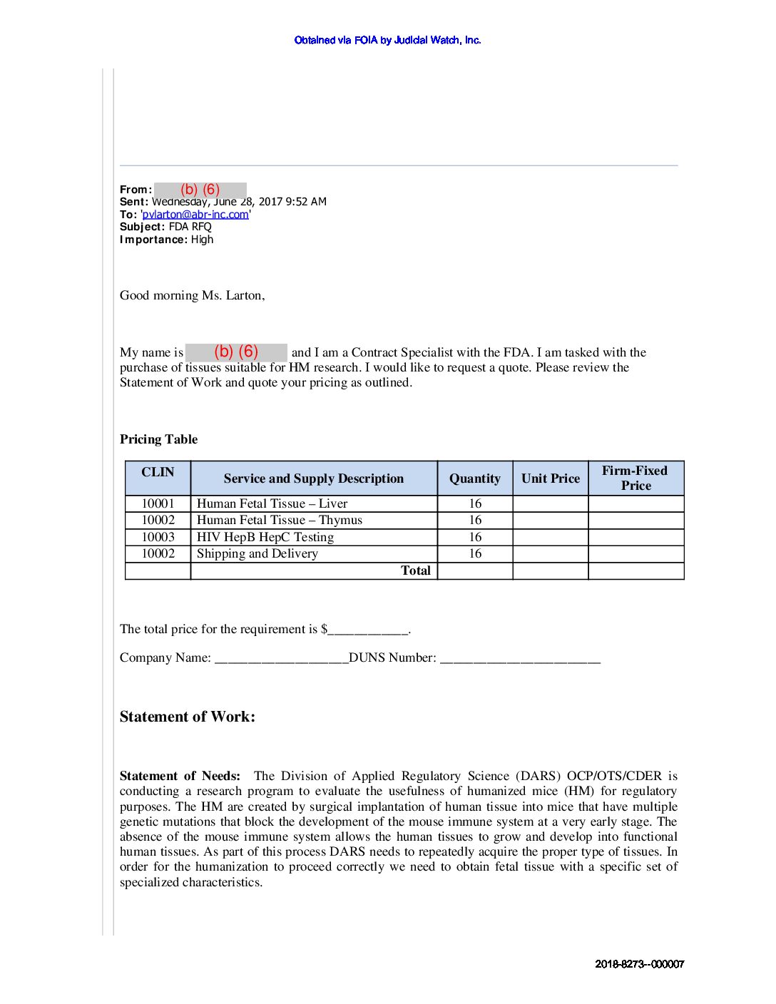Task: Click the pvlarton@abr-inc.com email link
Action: click(x=195, y=215)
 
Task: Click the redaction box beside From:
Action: click(x=200, y=190)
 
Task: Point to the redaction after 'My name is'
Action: click(x=236, y=352)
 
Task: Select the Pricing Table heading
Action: click(x=159, y=439)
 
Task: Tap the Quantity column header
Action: click(x=475, y=478)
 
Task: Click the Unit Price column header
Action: click(x=551, y=478)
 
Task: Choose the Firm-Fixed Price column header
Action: click(x=635, y=478)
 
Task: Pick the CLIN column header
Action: click(x=158, y=472)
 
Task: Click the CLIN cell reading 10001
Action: click(x=158, y=503)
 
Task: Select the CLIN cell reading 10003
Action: click(x=158, y=537)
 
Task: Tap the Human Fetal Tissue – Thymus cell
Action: click(x=280, y=520)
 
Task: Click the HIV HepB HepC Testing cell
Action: click(x=265, y=537)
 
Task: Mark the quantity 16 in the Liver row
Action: click(x=475, y=503)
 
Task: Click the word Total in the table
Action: click(x=416, y=570)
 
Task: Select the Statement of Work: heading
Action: click(x=188, y=717)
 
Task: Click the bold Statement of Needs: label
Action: click(x=180, y=776)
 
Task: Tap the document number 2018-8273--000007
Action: click(x=640, y=964)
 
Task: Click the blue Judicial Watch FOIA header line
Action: click(x=387, y=40)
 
